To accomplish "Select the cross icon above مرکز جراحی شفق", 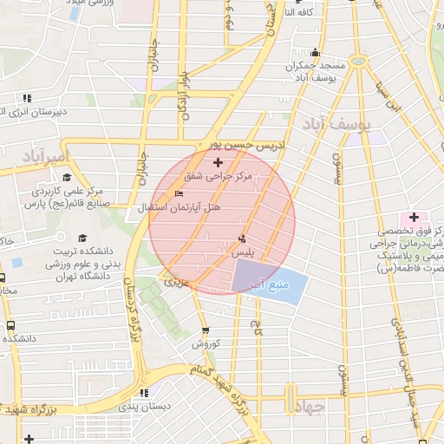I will (218, 162).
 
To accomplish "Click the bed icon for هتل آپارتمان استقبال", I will (180, 193).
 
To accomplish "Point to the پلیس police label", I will (245, 251).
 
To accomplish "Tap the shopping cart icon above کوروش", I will (206, 330).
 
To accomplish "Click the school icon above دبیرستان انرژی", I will (28, 98).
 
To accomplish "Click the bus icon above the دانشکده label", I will (10, 324).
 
